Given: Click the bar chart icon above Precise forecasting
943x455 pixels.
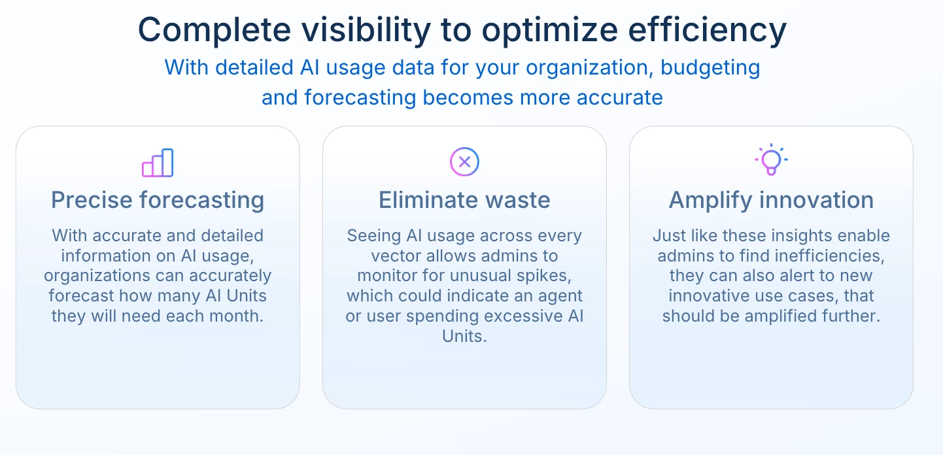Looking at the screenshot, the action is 158,163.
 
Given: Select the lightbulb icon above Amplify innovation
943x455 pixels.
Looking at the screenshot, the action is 771,160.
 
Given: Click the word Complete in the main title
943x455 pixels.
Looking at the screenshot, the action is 214,30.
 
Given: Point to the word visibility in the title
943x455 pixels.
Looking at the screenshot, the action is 366,30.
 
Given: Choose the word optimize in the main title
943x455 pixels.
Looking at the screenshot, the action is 550,30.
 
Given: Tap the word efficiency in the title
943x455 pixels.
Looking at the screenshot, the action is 708,30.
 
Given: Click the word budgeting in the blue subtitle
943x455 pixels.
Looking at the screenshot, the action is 710,68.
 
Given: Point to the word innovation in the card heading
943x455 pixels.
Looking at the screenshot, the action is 817,200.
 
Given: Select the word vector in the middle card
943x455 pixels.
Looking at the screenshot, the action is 396,256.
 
